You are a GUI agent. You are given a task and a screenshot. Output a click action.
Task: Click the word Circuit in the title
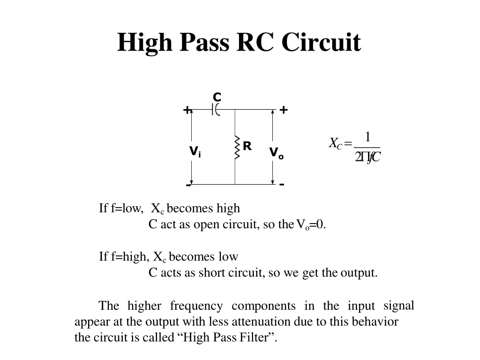[321, 42]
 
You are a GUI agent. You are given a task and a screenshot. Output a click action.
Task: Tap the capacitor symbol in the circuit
[216, 109]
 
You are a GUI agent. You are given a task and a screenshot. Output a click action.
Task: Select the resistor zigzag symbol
[237, 148]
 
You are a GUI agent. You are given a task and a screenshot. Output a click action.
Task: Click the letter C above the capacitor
[217, 97]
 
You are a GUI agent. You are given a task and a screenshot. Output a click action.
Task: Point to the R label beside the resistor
[247, 146]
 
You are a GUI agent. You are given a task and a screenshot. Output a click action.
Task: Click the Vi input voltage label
[195, 151]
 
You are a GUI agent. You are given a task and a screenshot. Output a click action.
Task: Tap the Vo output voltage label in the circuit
[277, 153]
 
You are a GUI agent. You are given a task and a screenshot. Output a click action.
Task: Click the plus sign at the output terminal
[284, 110]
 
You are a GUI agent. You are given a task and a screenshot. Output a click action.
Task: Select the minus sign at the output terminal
[282, 184]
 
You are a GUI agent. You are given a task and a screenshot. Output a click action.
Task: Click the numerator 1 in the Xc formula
[367, 137]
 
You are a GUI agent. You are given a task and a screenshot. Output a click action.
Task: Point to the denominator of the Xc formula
[367, 157]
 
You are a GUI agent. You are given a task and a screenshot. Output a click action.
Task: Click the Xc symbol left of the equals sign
[336, 143]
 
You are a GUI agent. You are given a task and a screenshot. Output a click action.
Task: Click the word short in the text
[211, 272]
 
